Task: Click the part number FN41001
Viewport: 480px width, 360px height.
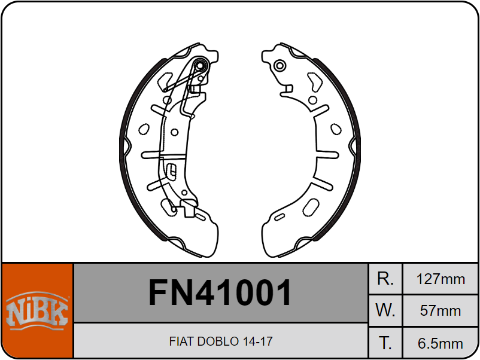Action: coord(220,292)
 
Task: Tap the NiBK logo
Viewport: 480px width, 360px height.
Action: coord(37,310)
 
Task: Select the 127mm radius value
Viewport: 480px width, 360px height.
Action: coord(440,279)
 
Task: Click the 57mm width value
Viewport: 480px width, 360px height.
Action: coord(440,311)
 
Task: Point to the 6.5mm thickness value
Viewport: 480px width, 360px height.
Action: coord(440,343)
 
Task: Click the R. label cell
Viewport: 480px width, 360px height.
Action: coord(385,279)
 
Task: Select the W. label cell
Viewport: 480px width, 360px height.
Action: coord(385,310)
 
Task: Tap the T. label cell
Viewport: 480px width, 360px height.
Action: coord(385,343)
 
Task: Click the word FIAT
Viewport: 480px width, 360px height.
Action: coord(182,341)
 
